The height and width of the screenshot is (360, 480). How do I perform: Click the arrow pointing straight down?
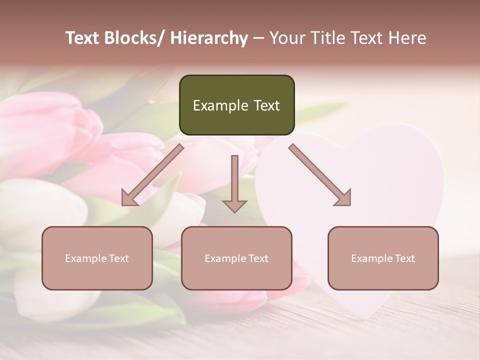pyautogui.click(x=234, y=182)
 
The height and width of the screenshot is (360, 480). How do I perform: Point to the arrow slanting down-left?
pyautogui.click(x=152, y=175)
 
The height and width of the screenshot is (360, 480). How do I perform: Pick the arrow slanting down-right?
pyautogui.click(x=320, y=175)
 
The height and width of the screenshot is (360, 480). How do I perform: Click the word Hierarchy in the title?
pyautogui.click(x=209, y=38)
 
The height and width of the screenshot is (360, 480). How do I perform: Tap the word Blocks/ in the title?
pyautogui.click(x=135, y=38)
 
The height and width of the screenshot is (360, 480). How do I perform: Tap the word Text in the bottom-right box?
pyautogui.click(x=404, y=258)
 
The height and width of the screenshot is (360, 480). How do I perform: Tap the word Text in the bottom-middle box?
pyautogui.click(x=257, y=258)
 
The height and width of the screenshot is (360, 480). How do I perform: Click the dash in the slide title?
pyautogui.click(x=258, y=38)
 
